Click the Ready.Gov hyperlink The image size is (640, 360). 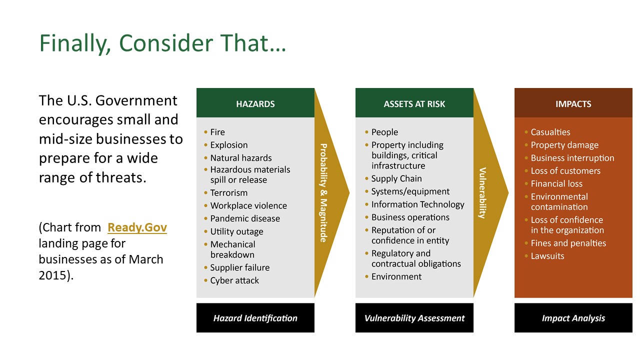coord(137,227)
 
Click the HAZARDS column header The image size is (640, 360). coord(255,104)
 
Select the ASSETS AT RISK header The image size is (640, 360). coord(414,104)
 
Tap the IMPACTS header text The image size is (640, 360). coord(573,104)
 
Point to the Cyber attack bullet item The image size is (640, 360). coord(234,280)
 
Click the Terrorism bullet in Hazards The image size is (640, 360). coord(229,193)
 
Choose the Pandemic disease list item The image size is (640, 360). coord(245,218)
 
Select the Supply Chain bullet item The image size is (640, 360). coord(396,178)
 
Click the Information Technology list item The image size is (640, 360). coord(417,204)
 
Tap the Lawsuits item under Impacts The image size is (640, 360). coord(547,256)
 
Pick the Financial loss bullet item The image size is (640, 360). coord(556,183)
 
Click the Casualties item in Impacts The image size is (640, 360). coord(550,132)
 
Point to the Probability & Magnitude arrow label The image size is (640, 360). coord(323,193)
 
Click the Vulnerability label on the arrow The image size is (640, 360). coord(482,193)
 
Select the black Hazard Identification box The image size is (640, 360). coord(255,317)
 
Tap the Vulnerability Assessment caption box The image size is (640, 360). coord(414,317)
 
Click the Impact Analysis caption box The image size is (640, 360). coord(573,317)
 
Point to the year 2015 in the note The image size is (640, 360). coord(52,275)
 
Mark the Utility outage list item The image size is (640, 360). coord(236,231)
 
